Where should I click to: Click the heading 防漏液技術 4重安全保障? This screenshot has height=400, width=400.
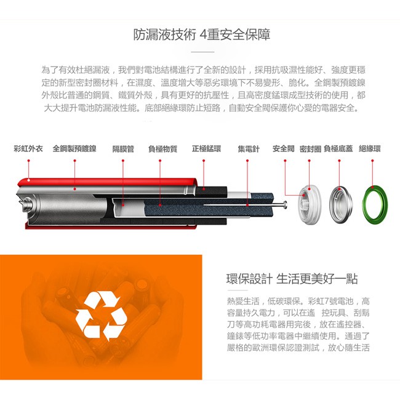click(201, 34)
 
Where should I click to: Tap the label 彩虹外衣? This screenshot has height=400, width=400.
click(28, 148)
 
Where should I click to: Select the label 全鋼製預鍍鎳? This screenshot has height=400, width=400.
click(74, 148)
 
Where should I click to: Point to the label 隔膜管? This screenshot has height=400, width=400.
click(123, 149)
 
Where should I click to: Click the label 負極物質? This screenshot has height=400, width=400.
click(162, 149)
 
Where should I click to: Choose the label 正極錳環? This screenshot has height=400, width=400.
click(206, 148)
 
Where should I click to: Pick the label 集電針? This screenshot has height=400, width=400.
click(249, 149)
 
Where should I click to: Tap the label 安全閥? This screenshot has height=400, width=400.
click(284, 148)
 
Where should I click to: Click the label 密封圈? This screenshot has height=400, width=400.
click(310, 149)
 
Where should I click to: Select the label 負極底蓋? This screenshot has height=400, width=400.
click(338, 148)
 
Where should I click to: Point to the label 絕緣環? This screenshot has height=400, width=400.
click(370, 148)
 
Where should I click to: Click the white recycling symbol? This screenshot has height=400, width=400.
click(101, 316)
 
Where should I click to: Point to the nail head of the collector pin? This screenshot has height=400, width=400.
click(285, 204)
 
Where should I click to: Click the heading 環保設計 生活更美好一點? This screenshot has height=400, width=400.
click(292, 279)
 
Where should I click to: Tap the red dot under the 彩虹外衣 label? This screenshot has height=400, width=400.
click(28, 161)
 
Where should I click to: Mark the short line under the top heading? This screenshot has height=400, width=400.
click(202, 52)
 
